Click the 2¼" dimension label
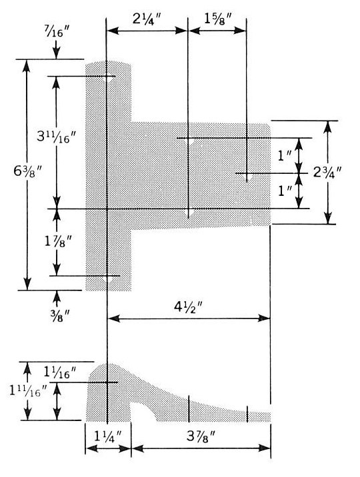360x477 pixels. [x=146, y=19]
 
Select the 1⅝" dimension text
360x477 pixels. [x=218, y=19]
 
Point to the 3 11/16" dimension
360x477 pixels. [x=56, y=137]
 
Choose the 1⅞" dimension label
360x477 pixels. [x=58, y=241]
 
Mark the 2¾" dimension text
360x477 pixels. [x=327, y=173]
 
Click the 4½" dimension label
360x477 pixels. [x=189, y=307]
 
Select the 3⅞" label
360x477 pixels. [x=201, y=437]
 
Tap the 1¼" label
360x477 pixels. [x=108, y=437]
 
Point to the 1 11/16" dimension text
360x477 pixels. [x=28, y=391]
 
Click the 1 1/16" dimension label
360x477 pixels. [x=59, y=372]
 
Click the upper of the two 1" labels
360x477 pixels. [x=285, y=156]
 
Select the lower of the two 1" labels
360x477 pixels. [x=285, y=191]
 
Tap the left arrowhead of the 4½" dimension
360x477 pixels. [x=113, y=318]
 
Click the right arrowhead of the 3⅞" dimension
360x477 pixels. [x=265, y=448]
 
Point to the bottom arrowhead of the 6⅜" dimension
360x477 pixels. [x=27, y=284]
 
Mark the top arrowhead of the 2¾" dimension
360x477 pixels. [x=328, y=127]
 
